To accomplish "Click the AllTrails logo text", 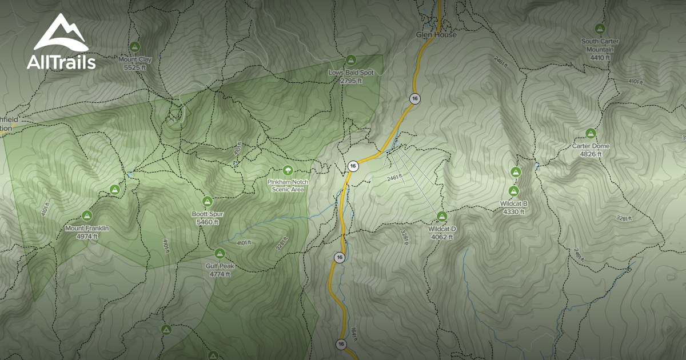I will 61,62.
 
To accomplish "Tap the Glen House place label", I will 436,35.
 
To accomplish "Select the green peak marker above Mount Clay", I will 135,46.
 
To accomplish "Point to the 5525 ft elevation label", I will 135,67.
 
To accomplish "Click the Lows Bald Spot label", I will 351,73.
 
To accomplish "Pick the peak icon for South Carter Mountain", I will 600,28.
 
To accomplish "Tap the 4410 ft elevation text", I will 600,57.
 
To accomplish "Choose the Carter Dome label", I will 591,146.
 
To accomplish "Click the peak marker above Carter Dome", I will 591,133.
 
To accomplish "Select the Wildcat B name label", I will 513,204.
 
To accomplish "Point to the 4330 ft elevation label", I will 513,211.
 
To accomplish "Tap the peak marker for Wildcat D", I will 441,216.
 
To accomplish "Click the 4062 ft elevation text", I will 441,237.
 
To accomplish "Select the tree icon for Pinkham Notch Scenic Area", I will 288,170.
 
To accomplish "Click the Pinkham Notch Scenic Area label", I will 288,185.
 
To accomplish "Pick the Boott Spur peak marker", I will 207,201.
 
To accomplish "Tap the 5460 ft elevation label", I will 207,222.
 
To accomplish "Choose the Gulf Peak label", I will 220,266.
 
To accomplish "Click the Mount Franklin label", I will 87,229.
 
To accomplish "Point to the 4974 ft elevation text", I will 87,236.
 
